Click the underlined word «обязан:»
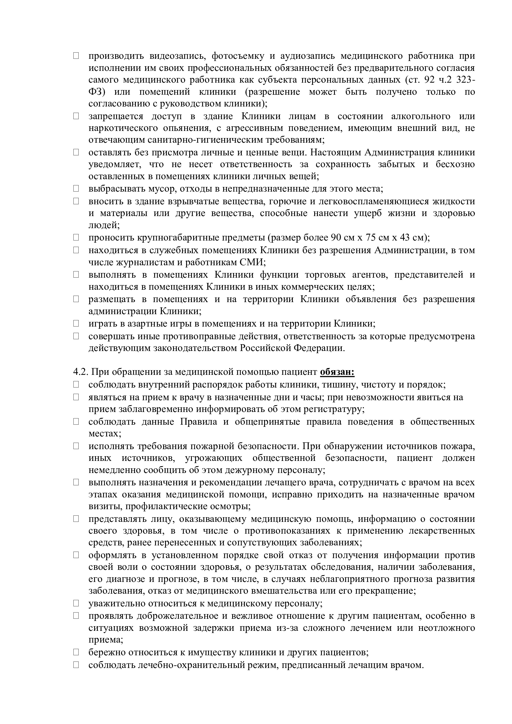click(x=337, y=372)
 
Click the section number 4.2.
click(x=81, y=372)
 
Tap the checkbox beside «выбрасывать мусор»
click(x=76, y=189)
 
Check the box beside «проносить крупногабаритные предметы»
click(x=76, y=237)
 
